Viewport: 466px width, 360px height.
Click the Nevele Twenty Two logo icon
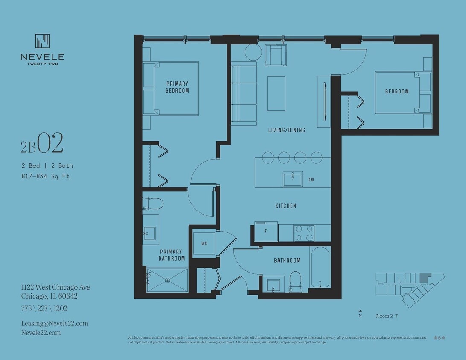(42, 41)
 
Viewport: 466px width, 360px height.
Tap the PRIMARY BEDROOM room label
(177, 87)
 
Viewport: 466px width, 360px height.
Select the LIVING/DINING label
(286, 130)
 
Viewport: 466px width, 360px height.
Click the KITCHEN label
(285, 206)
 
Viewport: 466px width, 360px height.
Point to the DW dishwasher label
(311, 180)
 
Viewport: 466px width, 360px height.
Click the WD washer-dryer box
(204, 244)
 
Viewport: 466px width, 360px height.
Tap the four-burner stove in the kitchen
(304, 233)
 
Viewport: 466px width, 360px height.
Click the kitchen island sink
(293, 179)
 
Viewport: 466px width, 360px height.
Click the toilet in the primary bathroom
(153, 203)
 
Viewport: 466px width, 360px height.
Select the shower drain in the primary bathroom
(168, 280)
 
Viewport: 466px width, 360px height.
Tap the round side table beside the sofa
(253, 52)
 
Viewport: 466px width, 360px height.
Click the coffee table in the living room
(276, 93)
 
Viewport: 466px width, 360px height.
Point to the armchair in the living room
(276, 55)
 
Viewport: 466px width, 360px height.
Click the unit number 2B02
(42, 144)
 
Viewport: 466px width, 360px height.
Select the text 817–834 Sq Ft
(45, 176)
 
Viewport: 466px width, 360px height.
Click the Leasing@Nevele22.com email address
(55, 323)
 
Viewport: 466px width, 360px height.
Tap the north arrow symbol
(360, 311)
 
